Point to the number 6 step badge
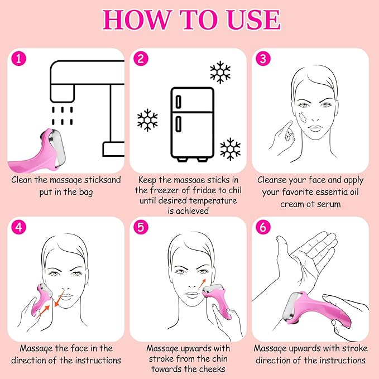click(x=263, y=227)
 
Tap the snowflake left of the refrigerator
click(x=147, y=120)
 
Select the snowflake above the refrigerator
click(x=219, y=73)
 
